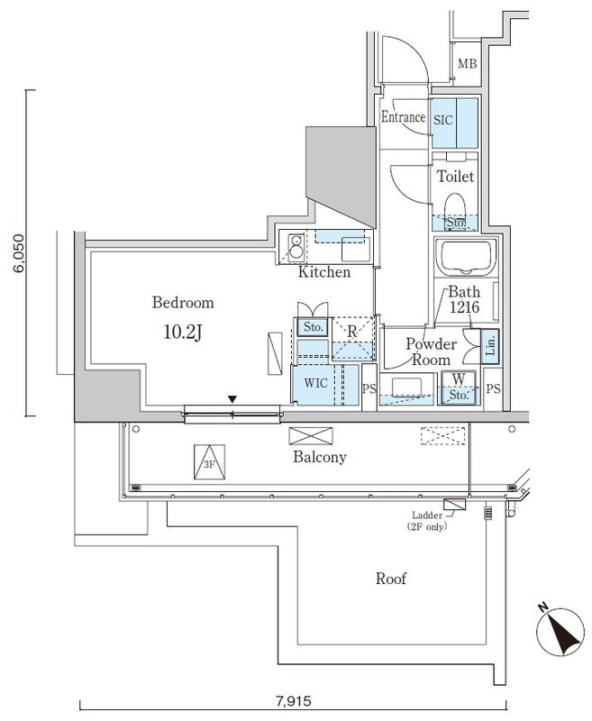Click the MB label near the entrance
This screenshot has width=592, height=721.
tap(467, 63)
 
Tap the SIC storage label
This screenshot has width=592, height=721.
tap(444, 118)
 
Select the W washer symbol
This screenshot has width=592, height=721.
tap(458, 379)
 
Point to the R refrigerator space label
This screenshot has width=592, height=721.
tap(352, 331)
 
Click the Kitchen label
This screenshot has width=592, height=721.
tap(323, 271)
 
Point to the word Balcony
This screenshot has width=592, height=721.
tap(320, 457)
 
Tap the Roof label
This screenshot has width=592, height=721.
tap(392, 579)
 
